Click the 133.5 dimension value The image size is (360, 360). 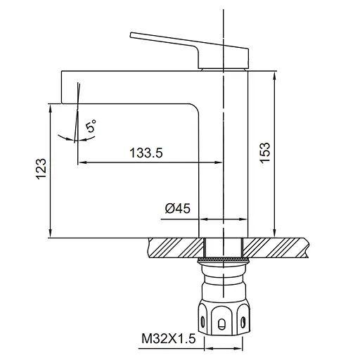tap(146, 153)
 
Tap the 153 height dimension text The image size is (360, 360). tap(265, 153)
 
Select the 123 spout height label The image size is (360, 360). tap(41, 169)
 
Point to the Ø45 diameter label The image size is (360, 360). tap(178, 208)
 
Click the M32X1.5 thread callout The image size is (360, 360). tap(168, 338)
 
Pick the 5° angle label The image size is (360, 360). tap(91, 126)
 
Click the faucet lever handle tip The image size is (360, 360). tap(131, 35)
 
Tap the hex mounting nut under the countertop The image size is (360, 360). tap(224, 318)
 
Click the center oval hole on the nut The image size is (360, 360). tap(221, 324)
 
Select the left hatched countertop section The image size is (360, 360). tap(176, 247)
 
